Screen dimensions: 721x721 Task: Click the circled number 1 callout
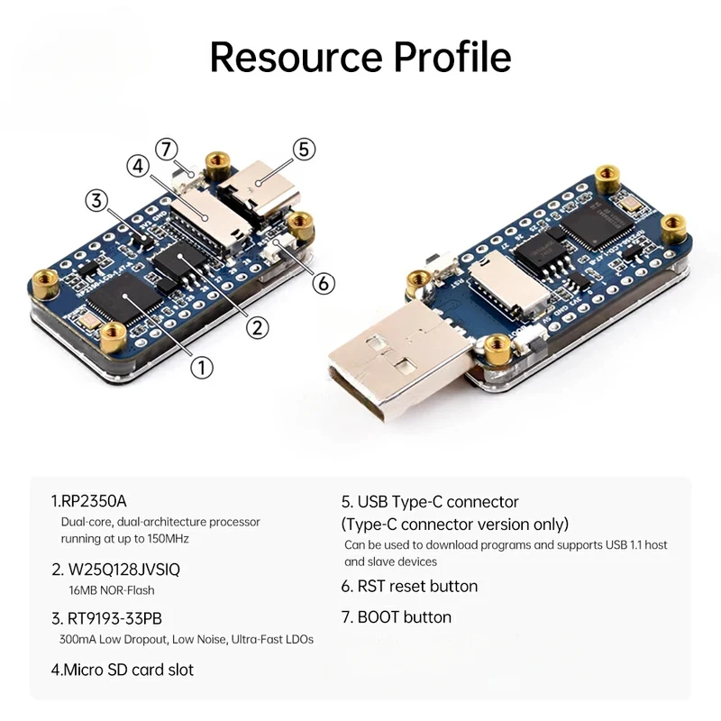(201, 368)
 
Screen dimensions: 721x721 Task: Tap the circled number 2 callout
(257, 328)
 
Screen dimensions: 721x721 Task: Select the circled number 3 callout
(96, 200)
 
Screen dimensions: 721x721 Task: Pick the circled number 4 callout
(138, 166)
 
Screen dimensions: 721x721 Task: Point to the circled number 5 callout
(304, 150)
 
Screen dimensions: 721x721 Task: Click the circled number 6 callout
(324, 283)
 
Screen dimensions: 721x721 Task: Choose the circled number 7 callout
(167, 149)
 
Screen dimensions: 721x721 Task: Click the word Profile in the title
(452, 58)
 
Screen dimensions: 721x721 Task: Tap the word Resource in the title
(297, 58)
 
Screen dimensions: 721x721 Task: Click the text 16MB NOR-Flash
(112, 590)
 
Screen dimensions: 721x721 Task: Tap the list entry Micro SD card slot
(123, 670)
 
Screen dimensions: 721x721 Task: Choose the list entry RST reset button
(409, 587)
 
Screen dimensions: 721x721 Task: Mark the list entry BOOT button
(396, 617)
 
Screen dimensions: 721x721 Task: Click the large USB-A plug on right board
(400, 354)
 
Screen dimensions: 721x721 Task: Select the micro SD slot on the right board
(509, 286)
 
